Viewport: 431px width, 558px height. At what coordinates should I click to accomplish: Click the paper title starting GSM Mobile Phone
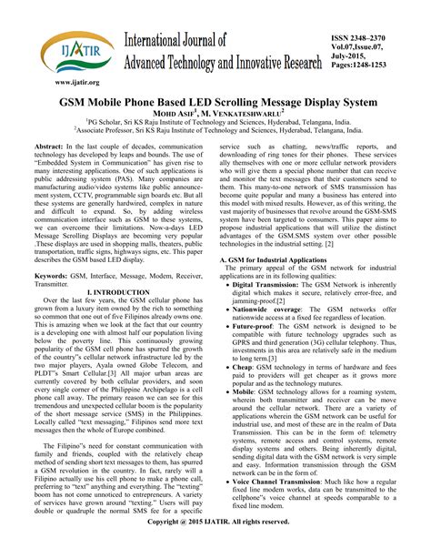click(215, 103)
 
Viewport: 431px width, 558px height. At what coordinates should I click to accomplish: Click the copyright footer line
click(215, 548)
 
